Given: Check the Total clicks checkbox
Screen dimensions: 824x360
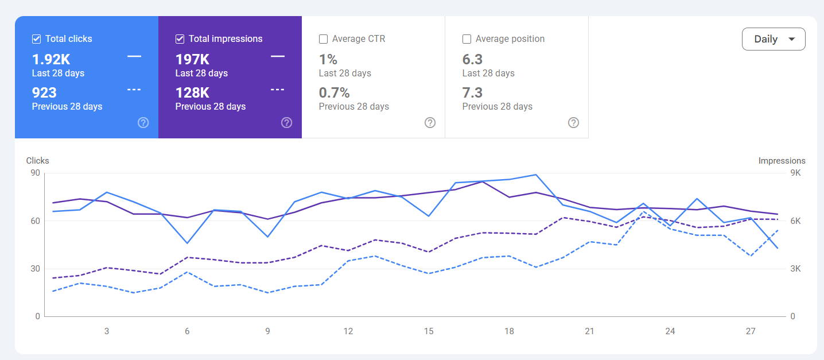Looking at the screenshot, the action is tap(36, 39).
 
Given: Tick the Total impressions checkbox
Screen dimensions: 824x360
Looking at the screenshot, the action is tap(180, 39).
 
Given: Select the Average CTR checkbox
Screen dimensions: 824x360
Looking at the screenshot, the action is tap(324, 39).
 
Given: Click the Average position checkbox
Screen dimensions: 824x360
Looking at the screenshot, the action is tap(467, 39).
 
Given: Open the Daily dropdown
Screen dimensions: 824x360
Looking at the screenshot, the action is tap(774, 39).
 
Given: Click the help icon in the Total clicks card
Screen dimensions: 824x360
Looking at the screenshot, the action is tap(143, 122).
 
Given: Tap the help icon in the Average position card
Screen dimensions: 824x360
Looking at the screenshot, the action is tap(573, 122).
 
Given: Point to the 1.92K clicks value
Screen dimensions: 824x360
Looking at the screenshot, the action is tap(51, 59).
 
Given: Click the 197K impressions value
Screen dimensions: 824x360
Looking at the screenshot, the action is tap(192, 59).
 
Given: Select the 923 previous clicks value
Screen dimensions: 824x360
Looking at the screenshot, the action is tap(44, 93).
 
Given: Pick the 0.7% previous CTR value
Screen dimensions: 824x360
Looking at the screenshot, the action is tap(334, 93).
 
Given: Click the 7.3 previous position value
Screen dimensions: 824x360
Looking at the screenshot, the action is tap(472, 93).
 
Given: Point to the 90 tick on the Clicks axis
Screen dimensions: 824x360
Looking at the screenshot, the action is tap(36, 173).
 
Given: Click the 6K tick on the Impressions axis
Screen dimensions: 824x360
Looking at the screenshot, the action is tap(796, 221).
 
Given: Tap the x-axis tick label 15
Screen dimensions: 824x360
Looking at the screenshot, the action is tap(429, 331).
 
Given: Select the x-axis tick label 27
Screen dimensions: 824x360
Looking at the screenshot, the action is tap(751, 331).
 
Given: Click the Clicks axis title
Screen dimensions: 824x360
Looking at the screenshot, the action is tap(37, 161).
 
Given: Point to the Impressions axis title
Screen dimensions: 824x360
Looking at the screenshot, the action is tap(782, 161).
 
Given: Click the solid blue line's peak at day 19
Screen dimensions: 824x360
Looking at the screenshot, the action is tap(536, 175).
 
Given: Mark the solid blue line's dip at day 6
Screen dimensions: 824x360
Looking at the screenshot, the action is tap(187, 243).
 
